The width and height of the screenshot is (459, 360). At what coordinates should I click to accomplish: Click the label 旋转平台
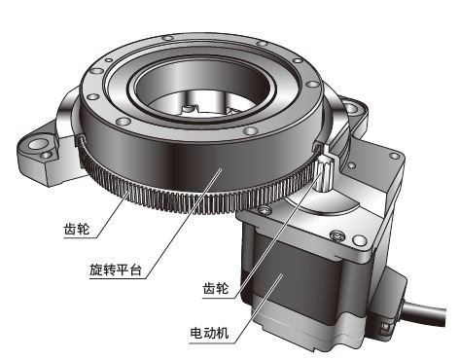[x=116, y=270]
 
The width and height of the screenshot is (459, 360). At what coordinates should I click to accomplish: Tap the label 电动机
[x=209, y=333]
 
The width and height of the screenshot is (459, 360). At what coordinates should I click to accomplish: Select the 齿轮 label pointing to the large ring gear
[x=77, y=229]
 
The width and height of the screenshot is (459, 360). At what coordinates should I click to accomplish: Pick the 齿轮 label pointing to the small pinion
[x=216, y=288]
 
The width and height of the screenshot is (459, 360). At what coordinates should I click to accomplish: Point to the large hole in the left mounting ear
[x=39, y=143]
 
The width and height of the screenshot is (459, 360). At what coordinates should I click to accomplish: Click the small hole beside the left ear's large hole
[x=47, y=155]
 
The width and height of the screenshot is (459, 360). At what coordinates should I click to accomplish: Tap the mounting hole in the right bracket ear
[x=351, y=107]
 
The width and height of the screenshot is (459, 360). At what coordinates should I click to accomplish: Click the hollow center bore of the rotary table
[x=202, y=90]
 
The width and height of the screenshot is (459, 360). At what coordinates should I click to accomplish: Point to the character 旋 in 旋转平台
[x=96, y=270]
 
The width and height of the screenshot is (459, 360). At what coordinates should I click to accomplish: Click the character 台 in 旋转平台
[x=135, y=270]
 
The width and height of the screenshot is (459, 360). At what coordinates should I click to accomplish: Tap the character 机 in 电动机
[x=223, y=333]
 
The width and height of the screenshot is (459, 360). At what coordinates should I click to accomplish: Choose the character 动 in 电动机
[x=209, y=333]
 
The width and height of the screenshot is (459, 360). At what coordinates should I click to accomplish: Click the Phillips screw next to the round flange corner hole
[x=337, y=235]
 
